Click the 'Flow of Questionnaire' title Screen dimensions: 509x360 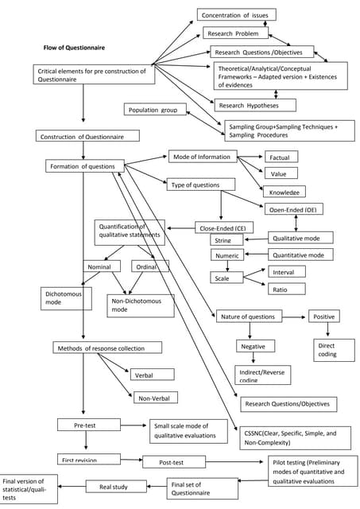click(x=73, y=47)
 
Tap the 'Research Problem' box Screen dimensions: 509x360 click(x=235, y=33)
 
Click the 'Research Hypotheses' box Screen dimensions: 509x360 click(x=254, y=105)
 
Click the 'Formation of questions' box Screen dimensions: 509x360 click(x=85, y=166)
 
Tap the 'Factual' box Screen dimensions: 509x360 click(x=280, y=157)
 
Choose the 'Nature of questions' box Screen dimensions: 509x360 click(x=248, y=317)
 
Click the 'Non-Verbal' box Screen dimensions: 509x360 click(x=156, y=398)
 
